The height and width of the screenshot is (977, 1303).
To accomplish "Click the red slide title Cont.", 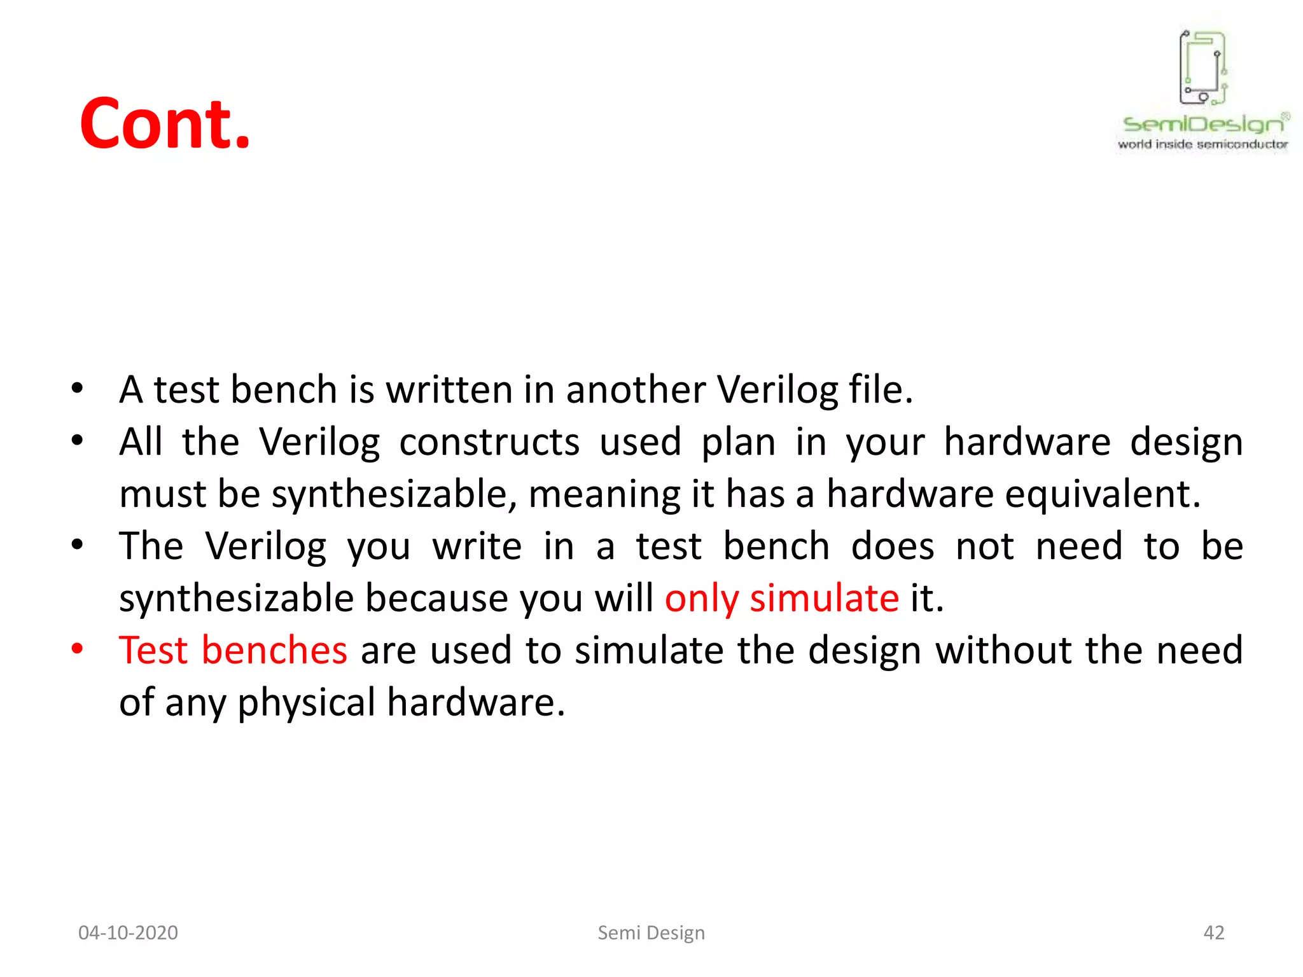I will tap(165, 124).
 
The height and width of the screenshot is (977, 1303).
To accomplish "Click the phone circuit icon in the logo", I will tap(1203, 67).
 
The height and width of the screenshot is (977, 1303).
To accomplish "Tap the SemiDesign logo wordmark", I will tap(1203, 123).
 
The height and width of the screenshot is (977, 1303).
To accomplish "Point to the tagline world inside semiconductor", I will tap(1203, 144).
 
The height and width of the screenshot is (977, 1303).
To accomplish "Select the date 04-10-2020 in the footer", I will tap(128, 932).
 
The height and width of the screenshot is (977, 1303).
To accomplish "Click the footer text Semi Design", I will tap(651, 932).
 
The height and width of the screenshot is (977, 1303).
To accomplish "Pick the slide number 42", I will tap(1214, 932).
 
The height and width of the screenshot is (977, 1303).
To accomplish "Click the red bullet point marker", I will tap(78, 649).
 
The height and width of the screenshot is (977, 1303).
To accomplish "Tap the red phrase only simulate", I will tap(781, 598).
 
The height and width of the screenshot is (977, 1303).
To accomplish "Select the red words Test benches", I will tap(233, 650).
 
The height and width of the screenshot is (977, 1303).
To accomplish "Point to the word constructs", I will tap(489, 441).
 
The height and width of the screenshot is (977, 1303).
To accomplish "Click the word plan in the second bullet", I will tap(738, 441).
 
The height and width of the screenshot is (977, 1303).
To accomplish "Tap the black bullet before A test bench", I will tap(78, 388).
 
